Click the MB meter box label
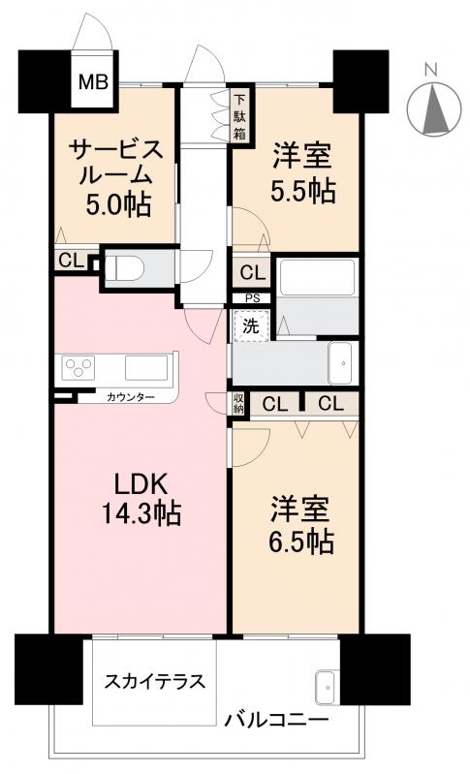pyautogui.click(x=94, y=81)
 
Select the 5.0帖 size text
pyautogui.click(x=114, y=204)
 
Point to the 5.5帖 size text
pyautogui.click(x=302, y=191)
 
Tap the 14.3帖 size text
pyautogui.click(x=143, y=513)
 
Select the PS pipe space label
pyautogui.click(x=250, y=298)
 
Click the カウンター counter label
pyautogui.click(x=130, y=397)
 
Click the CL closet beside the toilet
pyautogui.click(x=70, y=260)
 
